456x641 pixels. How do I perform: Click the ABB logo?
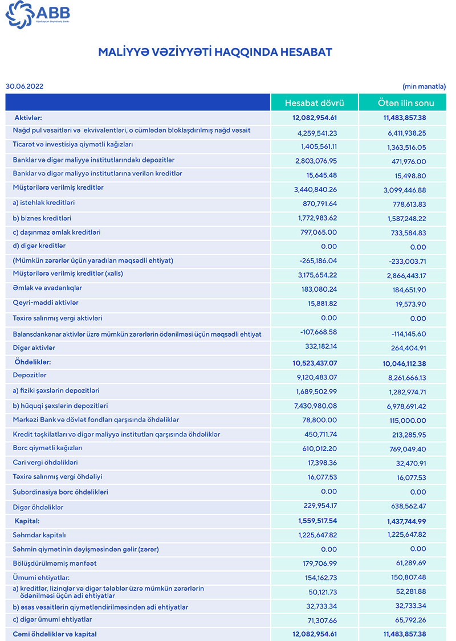(39, 15)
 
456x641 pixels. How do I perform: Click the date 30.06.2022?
(25, 87)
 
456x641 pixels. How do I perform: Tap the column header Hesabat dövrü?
(315, 103)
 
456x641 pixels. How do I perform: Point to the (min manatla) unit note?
(424, 87)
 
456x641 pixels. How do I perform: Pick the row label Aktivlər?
(28, 117)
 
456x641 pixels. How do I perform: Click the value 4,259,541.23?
(317, 133)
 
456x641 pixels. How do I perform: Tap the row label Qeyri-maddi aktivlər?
(46, 303)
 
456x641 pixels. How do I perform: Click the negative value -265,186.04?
(317, 261)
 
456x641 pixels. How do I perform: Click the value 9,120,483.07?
(317, 377)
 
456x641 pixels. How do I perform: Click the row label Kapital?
(27, 521)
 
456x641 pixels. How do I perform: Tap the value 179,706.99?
(317, 564)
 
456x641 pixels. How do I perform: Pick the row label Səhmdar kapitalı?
(40, 535)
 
